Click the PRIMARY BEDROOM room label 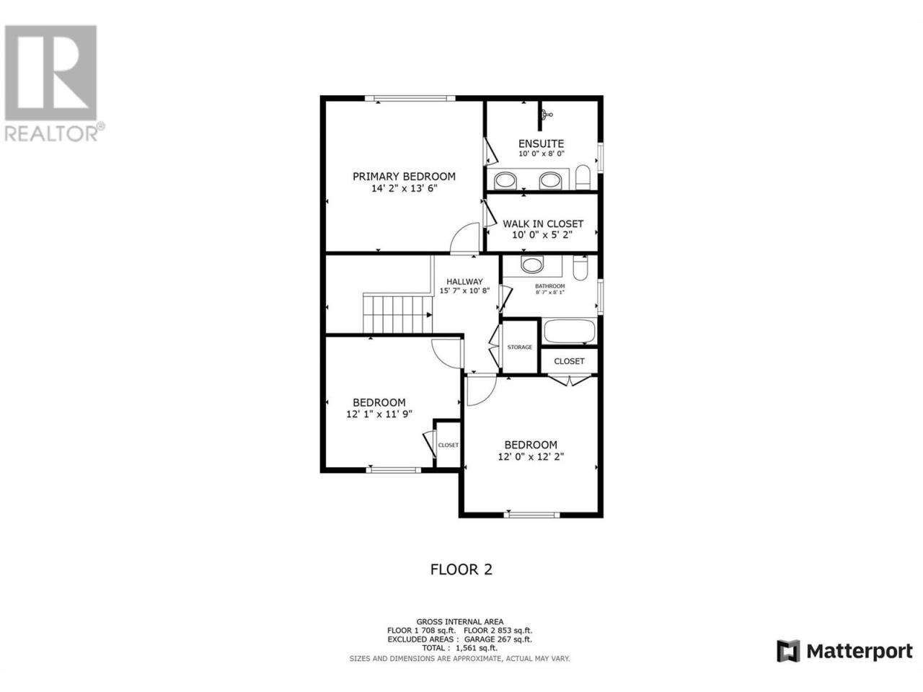pyautogui.click(x=404, y=177)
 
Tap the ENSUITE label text pyautogui.click(x=541, y=143)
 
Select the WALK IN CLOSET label pyautogui.click(x=543, y=224)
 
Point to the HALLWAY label pyautogui.click(x=464, y=282)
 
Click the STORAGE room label pyautogui.click(x=519, y=347)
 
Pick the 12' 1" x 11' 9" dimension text pyautogui.click(x=379, y=414)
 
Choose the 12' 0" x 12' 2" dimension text pyautogui.click(x=531, y=457)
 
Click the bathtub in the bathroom pyautogui.click(x=570, y=332)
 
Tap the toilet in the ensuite pyautogui.click(x=583, y=177)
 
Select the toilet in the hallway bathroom pyautogui.click(x=580, y=268)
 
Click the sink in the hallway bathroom pyautogui.click(x=532, y=265)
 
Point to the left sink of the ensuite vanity pyautogui.click(x=505, y=181)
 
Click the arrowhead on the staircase pyautogui.click(x=429, y=315)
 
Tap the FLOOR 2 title pyautogui.click(x=461, y=569)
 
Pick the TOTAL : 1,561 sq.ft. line pyautogui.click(x=459, y=648)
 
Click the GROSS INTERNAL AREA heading pyautogui.click(x=459, y=622)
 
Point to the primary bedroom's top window pyautogui.click(x=410, y=98)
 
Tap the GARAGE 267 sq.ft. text pyautogui.click(x=498, y=639)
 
